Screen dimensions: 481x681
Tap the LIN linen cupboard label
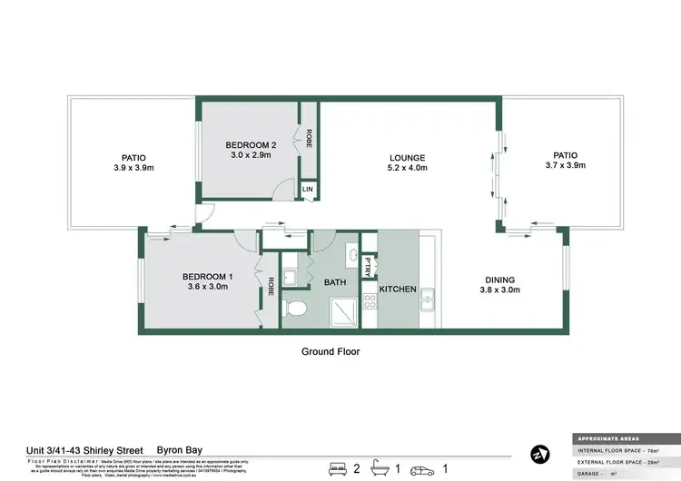pyautogui.click(x=309, y=189)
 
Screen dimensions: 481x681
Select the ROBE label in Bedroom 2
pyautogui.click(x=310, y=138)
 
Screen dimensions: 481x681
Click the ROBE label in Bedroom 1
pyautogui.click(x=270, y=289)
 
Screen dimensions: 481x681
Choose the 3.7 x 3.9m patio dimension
pyautogui.click(x=565, y=166)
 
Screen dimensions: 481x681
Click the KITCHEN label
pyautogui.click(x=398, y=290)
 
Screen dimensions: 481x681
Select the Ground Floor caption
pyautogui.click(x=331, y=350)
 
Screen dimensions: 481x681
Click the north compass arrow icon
pyautogui.click(x=540, y=453)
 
